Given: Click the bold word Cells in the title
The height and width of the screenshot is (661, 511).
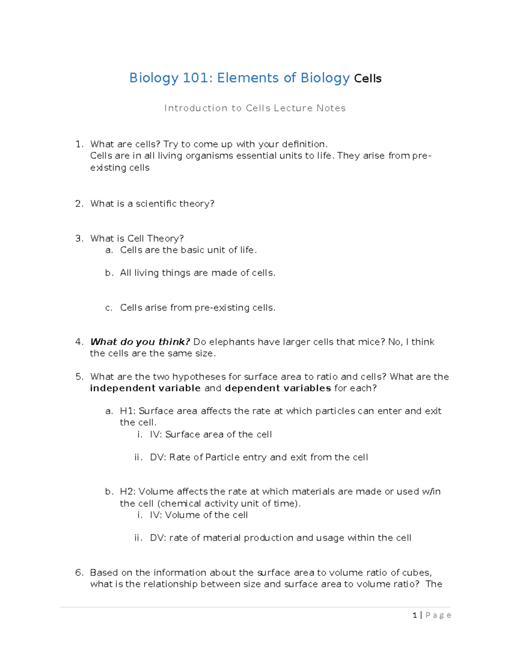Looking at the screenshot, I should point(368,79).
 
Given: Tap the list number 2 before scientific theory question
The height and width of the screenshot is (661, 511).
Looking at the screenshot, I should point(79,204).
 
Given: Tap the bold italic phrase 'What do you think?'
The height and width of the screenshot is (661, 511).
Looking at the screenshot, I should point(140,342).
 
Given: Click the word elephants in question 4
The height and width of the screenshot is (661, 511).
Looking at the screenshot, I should point(232,342).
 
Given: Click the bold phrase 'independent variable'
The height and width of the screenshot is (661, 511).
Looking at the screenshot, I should point(145,388).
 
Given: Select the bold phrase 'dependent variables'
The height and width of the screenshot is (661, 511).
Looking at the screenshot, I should point(278,388).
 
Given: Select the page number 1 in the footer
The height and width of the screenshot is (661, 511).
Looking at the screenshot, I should point(415,615).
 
